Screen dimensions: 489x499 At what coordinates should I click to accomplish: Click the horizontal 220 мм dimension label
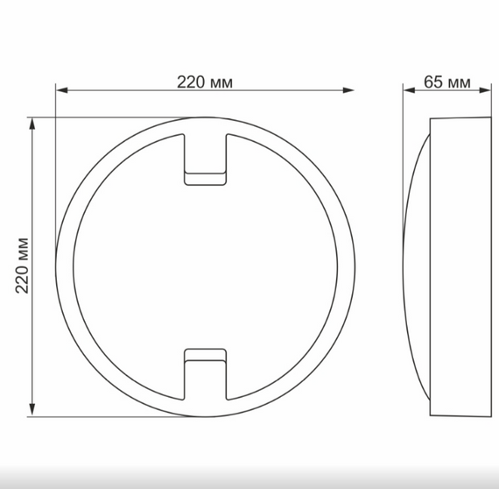(x=205, y=82)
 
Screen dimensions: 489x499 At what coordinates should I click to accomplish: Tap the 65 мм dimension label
(x=446, y=82)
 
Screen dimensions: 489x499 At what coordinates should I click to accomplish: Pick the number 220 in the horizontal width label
(x=191, y=82)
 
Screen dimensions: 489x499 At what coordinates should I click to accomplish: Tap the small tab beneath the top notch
(x=205, y=179)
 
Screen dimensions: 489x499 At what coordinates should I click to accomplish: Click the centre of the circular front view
(x=205, y=266)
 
